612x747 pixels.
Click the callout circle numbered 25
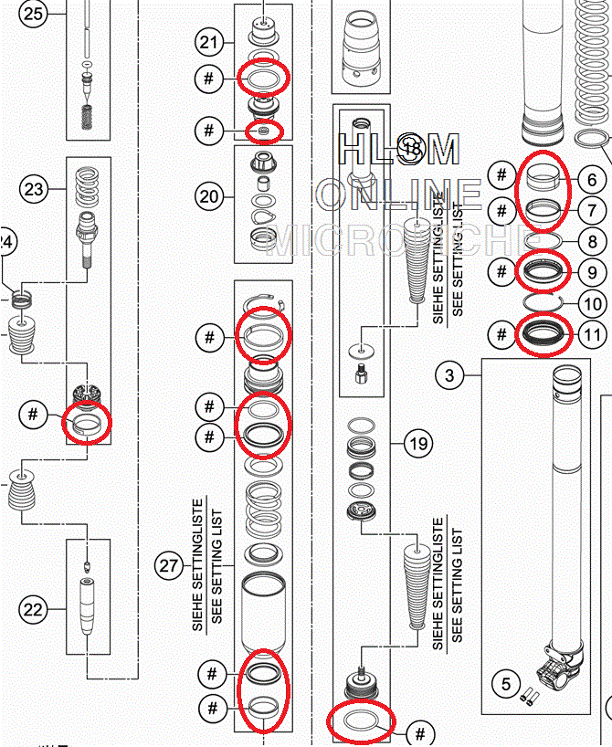[x=34, y=15]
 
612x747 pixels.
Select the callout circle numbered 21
[x=209, y=41]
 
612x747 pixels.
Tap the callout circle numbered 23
[x=34, y=190]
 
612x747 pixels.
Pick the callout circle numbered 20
[x=209, y=196]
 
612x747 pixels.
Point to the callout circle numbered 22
[x=34, y=611]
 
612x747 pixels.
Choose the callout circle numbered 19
[x=417, y=445]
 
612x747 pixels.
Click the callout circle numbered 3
[x=449, y=373]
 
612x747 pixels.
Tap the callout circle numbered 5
[x=502, y=680]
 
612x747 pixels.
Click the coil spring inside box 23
[x=87, y=187]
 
